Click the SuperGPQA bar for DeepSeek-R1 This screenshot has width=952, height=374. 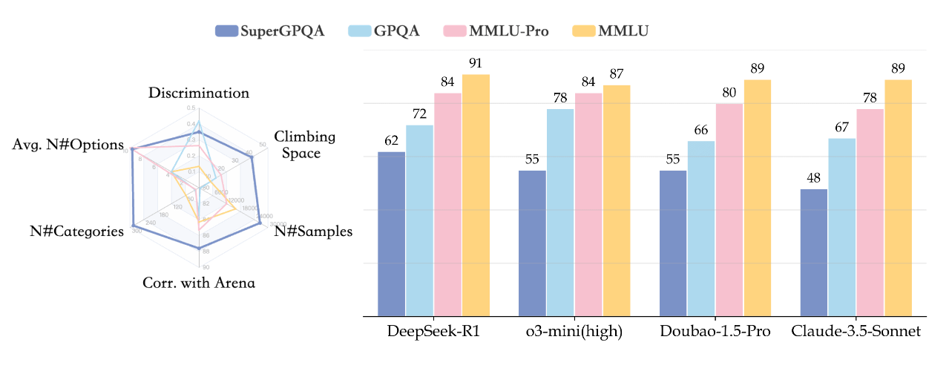pyautogui.click(x=392, y=234)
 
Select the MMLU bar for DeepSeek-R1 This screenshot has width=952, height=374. pyautogui.click(x=476, y=195)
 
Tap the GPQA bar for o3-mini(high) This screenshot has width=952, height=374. pyautogui.click(x=560, y=212)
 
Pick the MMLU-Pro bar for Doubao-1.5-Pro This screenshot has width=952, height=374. pyautogui.click(x=729, y=209)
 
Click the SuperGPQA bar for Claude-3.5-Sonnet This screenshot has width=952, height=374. pyautogui.click(x=814, y=252)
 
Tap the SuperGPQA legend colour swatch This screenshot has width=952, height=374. pyautogui.click(x=226, y=31)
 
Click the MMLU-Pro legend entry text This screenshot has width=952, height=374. pyautogui.click(x=509, y=31)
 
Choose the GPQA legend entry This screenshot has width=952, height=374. pyautogui.click(x=387, y=31)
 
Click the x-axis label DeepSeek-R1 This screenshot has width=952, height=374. pyautogui.click(x=433, y=332)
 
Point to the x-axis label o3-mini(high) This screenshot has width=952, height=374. pyautogui.click(x=574, y=332)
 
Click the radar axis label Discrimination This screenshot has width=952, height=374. pyautogui.click(x=199, y=93)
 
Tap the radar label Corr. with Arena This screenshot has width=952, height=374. pyautogui.click(x=199, y=283)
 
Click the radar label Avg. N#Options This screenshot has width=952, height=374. pyautogui.click(x=68, y=145)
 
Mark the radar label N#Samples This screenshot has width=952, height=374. pyautogui.click(x=313, y=232)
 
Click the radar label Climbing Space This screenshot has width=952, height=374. pyautogui.click(x=304, y=145)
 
